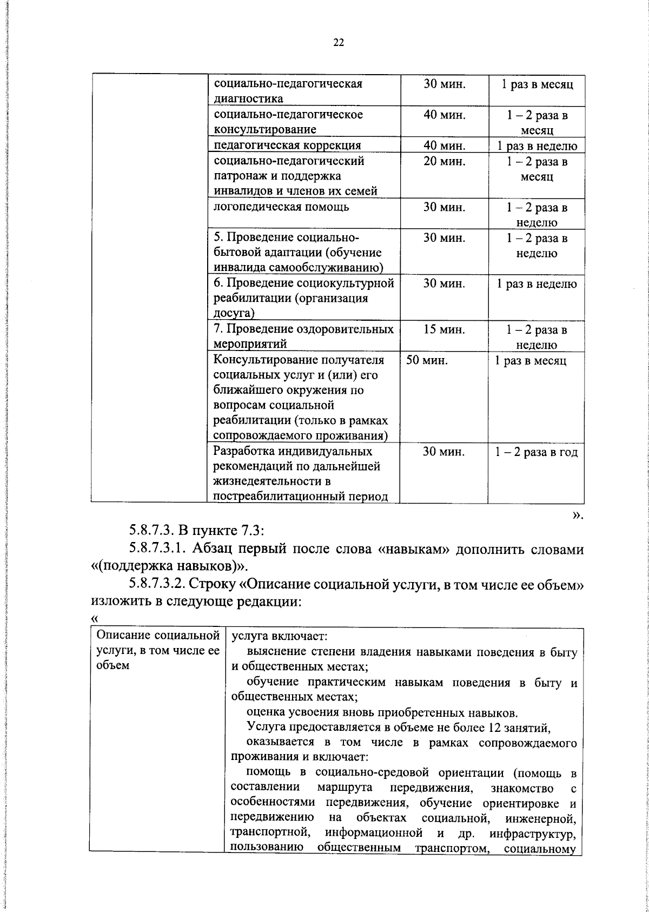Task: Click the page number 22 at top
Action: click(339, 43)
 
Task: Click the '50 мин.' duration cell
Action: click(427, 360)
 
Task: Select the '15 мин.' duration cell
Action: click(444, 329)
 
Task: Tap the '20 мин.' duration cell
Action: click(444, 161)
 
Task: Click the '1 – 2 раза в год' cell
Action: click(537, 452)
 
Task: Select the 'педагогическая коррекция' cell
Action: click(287, 146)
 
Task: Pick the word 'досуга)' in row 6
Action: click(233, 313)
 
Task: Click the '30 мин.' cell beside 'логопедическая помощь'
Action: click(444, 207)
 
